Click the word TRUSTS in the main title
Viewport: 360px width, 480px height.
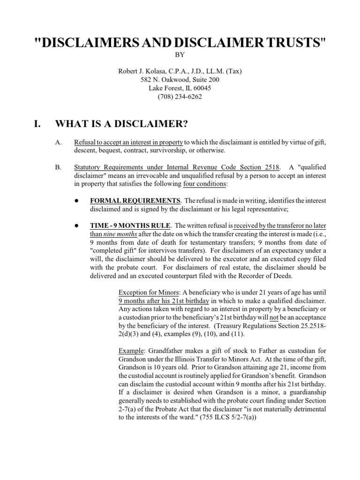click(289, 42)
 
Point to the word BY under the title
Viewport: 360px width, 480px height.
click(180, 55)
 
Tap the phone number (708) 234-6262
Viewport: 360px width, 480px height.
click(180, 97)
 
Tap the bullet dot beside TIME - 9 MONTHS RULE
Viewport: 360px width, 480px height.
click(76, 225)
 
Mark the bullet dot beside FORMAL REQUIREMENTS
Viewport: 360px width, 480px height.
click(76, 200)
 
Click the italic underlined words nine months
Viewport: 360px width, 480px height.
click(118, 233)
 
